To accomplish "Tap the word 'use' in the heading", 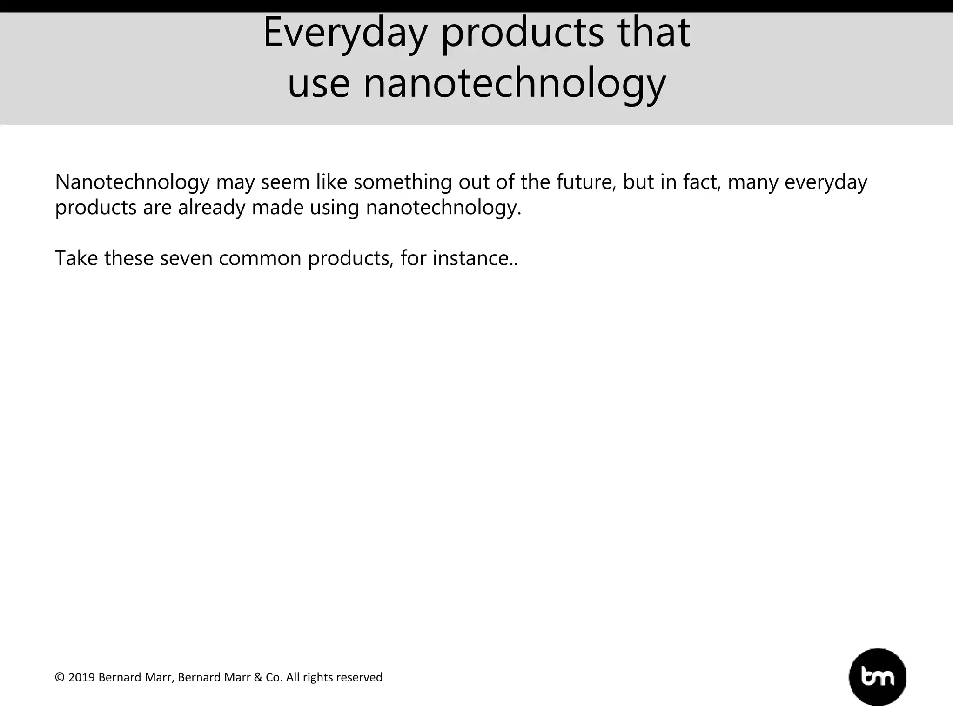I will [x=319, y=84].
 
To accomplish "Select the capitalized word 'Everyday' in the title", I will [x=345, y=33].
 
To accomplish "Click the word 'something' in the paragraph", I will [x=403, y=182].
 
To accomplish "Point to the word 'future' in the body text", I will [x=586, y=182].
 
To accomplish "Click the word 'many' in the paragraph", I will [x=753, y=182].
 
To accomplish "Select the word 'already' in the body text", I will [x=211, y=208].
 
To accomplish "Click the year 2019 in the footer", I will [x=81, y=677].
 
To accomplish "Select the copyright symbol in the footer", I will [x=60, y=677].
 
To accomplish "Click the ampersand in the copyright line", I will [x=258, y=677].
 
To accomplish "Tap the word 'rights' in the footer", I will [x=317, y=678].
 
